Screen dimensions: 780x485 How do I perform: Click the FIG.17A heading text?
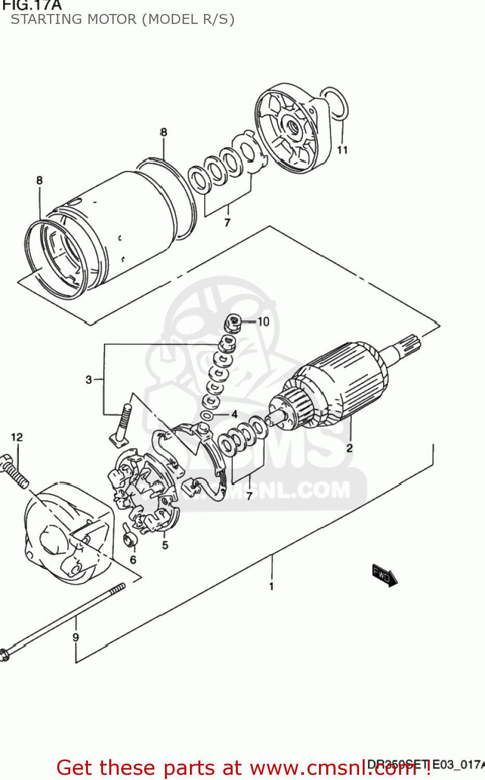(x=32, y=6)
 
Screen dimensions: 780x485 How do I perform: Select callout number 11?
(x=342, y=150)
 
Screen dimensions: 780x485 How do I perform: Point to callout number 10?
(x=263, y=322)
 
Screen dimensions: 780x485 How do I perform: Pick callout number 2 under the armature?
(x=349, y=448)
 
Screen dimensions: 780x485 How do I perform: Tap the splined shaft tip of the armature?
(x=409, y=344)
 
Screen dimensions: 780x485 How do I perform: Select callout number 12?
(x=17, y=437)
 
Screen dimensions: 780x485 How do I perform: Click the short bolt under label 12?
(x=15, y=472)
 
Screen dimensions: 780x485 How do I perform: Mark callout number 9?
(x=76, y=637)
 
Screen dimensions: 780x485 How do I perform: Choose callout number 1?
(x=271, y=587)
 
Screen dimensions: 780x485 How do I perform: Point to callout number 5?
(x=165, y=545)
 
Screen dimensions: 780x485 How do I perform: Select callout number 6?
(x=133, y=560)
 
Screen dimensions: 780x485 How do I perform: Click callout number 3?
(x=89, y=380)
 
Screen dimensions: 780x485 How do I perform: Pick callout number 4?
(x=234, y=414)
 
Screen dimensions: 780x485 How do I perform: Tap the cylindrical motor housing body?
(x=130, y=224)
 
